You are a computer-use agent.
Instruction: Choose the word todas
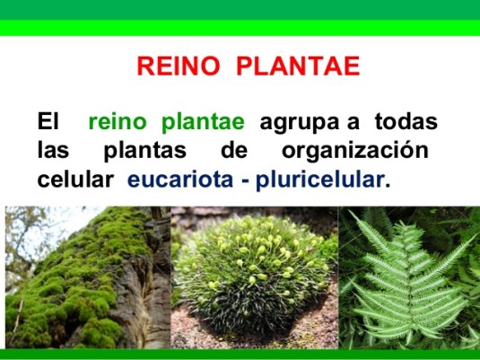tap(406, 121)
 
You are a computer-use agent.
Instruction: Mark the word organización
tap(353, 151)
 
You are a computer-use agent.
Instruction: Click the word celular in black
tap(75, 179)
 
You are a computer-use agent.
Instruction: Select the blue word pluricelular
tap(319, 179)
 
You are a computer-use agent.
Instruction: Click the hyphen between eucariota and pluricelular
tap(243, 180)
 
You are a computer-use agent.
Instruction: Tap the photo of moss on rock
tap(86, 277)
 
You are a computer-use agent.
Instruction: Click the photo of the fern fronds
tap(409, 277)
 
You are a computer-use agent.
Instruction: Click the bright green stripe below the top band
tap(240, 28)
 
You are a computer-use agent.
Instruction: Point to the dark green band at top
tap(240, 10)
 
